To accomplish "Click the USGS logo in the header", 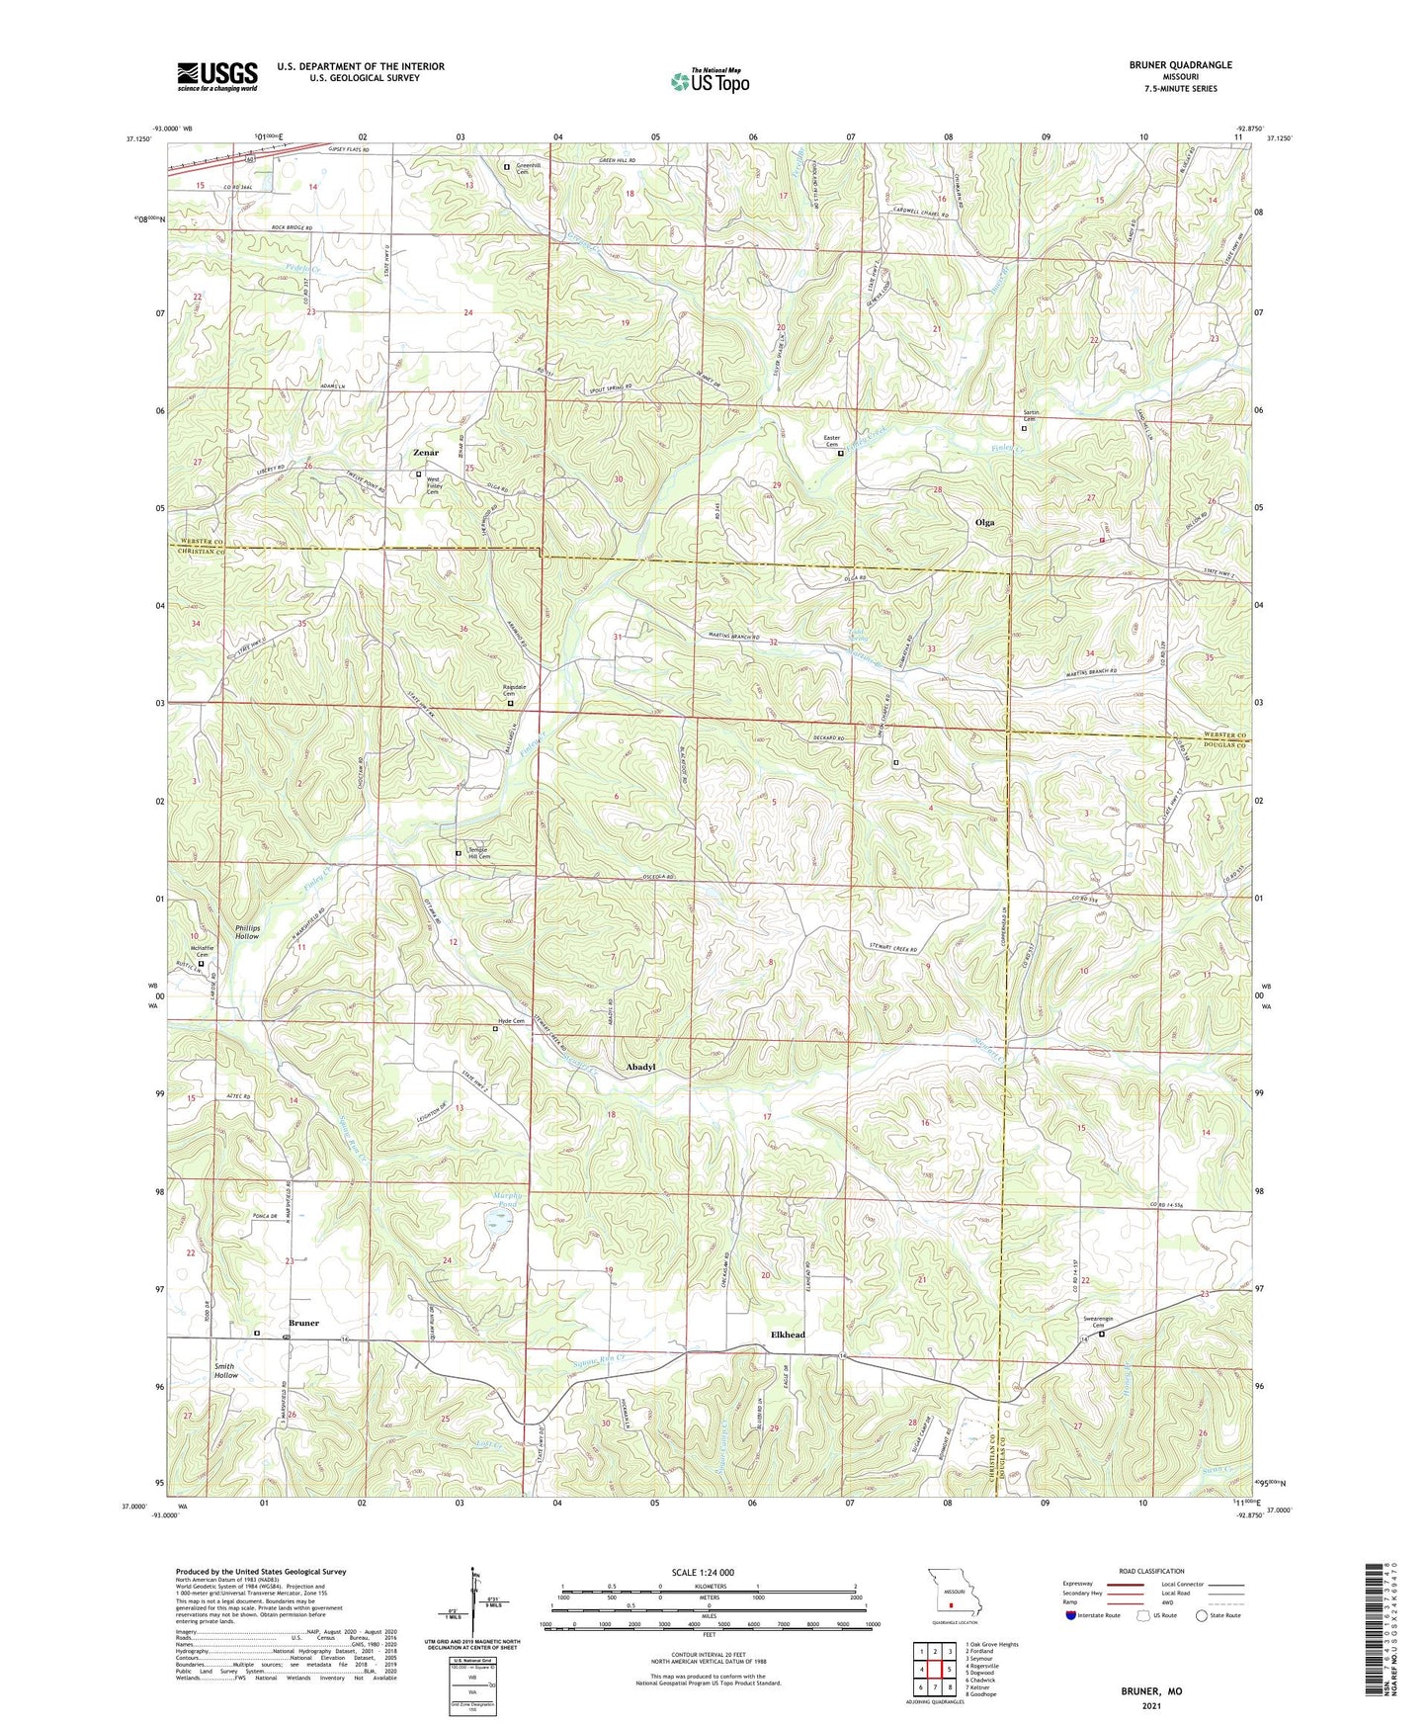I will coord(217,75).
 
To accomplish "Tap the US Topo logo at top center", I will coord(709,82).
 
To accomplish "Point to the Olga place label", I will coord(984,522).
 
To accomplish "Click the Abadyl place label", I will coord(640,1068).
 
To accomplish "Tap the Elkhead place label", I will coord(788,1335).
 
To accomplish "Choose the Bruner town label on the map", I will coord(303,1323).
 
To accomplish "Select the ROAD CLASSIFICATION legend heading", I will coord(1152,1571).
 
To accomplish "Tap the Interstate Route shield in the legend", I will coord(1072,1615).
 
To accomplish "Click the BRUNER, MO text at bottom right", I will coord(1151,1691).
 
